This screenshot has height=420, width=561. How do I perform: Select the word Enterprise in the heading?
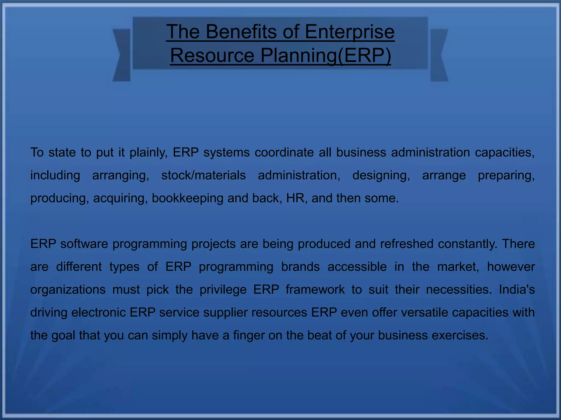click(350, 32)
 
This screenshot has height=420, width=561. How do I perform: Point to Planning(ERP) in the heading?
click(326, 56)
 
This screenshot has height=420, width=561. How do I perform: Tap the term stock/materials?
click(204, 175)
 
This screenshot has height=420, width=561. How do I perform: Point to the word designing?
click(381, 176)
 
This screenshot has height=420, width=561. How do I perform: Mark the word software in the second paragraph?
click(84, 244)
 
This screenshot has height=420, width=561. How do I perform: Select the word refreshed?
click(407, 244)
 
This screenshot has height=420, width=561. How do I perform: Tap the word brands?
click(300, 267)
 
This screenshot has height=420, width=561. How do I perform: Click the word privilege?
click(223, 290)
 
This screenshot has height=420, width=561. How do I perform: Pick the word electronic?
click(98, 312)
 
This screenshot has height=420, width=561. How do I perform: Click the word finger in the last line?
click(248, 336)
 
